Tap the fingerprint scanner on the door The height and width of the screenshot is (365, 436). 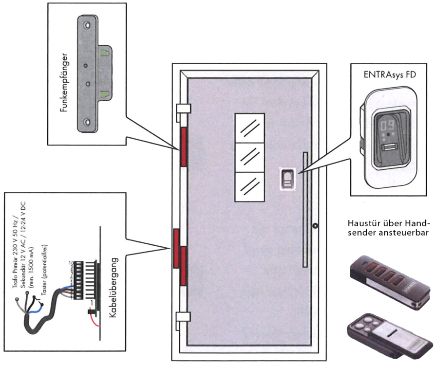pos(287,179)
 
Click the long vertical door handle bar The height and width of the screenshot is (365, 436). pos(305,209)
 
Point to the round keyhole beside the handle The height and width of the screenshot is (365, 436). pos(316,226)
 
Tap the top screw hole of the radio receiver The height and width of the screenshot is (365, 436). pos(87,25)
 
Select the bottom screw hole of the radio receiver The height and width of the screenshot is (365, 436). pos(87,122)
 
